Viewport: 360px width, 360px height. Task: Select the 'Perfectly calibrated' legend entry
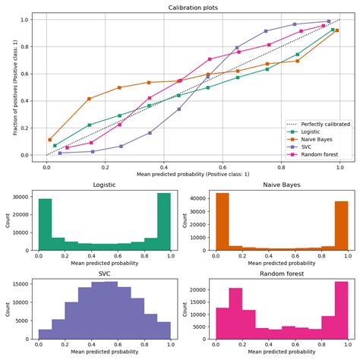click(x=320, y=124)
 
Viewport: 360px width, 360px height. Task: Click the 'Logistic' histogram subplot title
click(x=104, y=185)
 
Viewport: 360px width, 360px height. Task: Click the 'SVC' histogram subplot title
click(x=104, y=273)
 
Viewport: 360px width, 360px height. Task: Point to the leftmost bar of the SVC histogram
click(x=45, y=334)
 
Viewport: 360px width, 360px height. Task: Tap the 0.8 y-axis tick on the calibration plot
click(x=24, y=46)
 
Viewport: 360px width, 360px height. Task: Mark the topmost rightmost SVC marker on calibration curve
click(x=328, y=22)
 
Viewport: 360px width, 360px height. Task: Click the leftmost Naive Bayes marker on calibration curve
click(x=50, y=140)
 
